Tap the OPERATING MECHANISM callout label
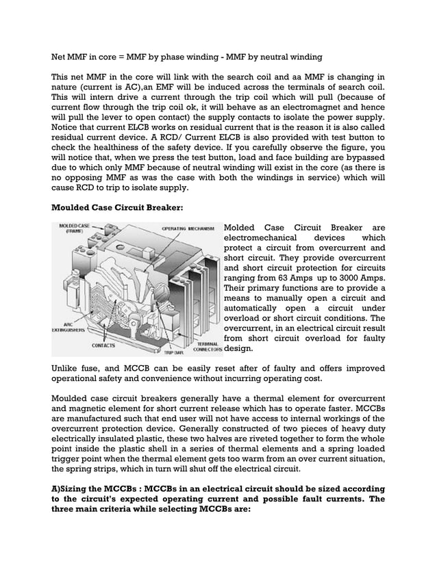[x=188, y=228]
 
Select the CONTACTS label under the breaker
[x=104, y=345]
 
